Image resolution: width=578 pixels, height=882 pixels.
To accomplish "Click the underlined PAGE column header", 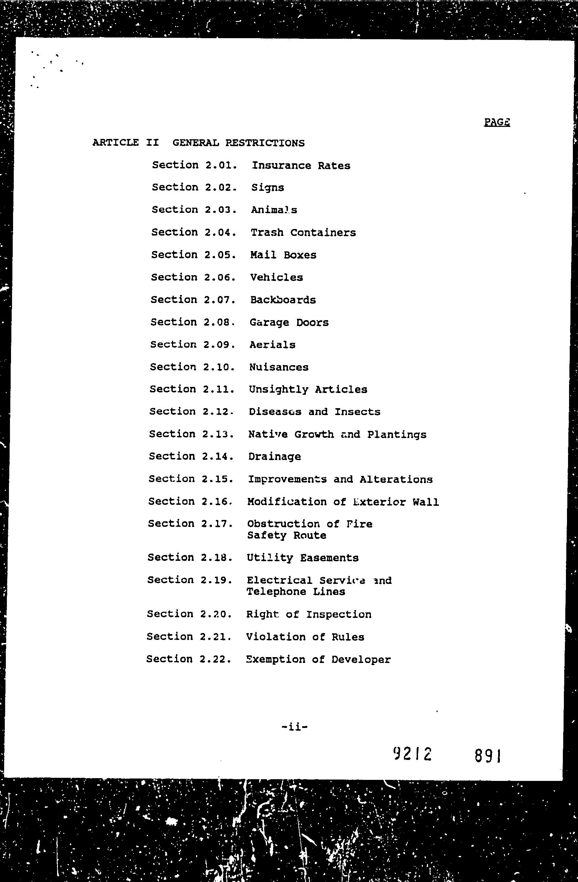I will coord(497,122).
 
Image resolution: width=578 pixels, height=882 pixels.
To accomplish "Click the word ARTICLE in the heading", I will coord(115,143).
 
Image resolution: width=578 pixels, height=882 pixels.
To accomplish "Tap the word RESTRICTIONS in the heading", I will coord(265,143).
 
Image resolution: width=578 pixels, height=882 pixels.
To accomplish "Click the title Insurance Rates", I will coord(301,166).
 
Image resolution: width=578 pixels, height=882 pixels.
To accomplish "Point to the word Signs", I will coord(267,187).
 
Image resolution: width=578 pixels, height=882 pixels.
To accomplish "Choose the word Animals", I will coord(274,210).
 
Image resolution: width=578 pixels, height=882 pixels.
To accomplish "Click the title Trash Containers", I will coord(303,233).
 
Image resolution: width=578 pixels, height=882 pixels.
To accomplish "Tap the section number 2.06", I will coord(220,277).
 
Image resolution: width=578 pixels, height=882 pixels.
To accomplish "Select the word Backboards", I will coord(283,300).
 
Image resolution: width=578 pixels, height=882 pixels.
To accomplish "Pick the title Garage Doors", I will coord(289,323).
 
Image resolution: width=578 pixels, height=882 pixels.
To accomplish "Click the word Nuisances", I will coord(279,367).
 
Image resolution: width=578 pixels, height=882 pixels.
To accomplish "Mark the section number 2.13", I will coord(218,434).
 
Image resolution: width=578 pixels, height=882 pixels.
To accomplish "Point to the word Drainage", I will coord(274,457).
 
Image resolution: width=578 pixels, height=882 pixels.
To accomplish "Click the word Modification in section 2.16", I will coord(287,502).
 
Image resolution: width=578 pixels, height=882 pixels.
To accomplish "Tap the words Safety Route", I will coord(287,535).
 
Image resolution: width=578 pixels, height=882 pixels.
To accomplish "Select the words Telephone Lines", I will coord(296,592).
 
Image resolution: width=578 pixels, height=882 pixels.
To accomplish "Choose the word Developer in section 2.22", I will coord(361,660).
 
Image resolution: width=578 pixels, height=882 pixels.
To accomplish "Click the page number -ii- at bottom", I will coord(295,727).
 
